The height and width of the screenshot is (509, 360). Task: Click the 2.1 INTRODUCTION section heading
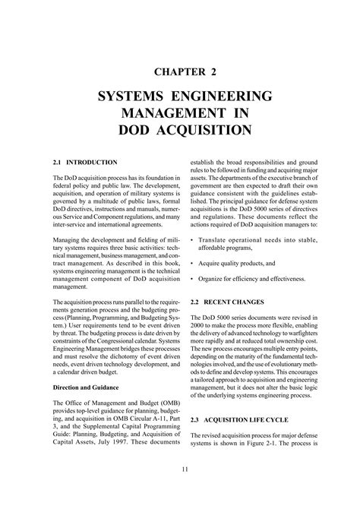[x=85, y=163]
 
